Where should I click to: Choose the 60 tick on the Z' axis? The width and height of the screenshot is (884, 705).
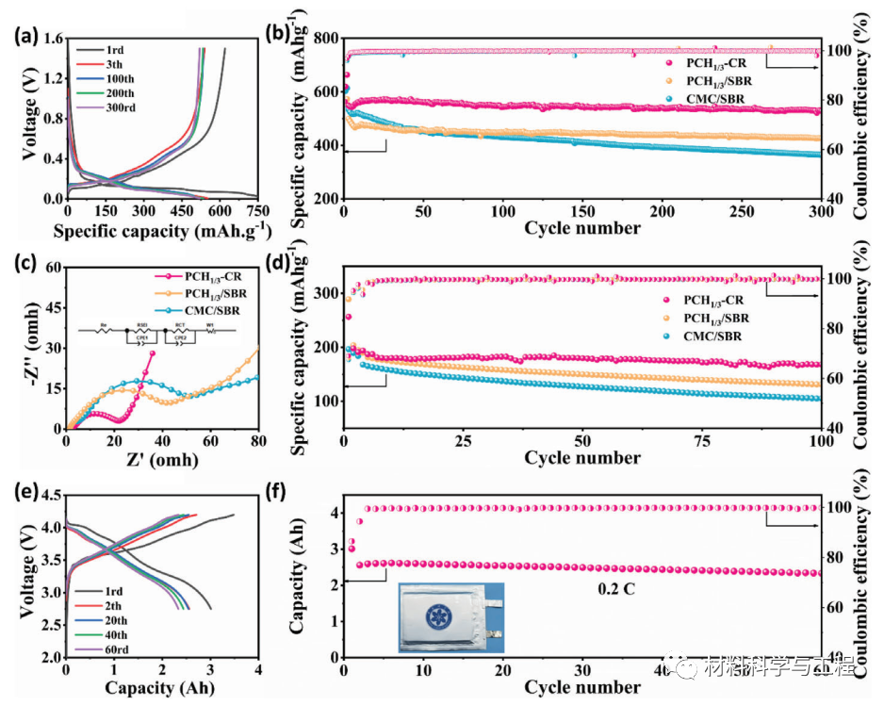pyautogui.click(x=210, y=440)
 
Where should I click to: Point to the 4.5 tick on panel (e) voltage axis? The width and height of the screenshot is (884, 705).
pyautogui.click(x=50, y=493)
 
